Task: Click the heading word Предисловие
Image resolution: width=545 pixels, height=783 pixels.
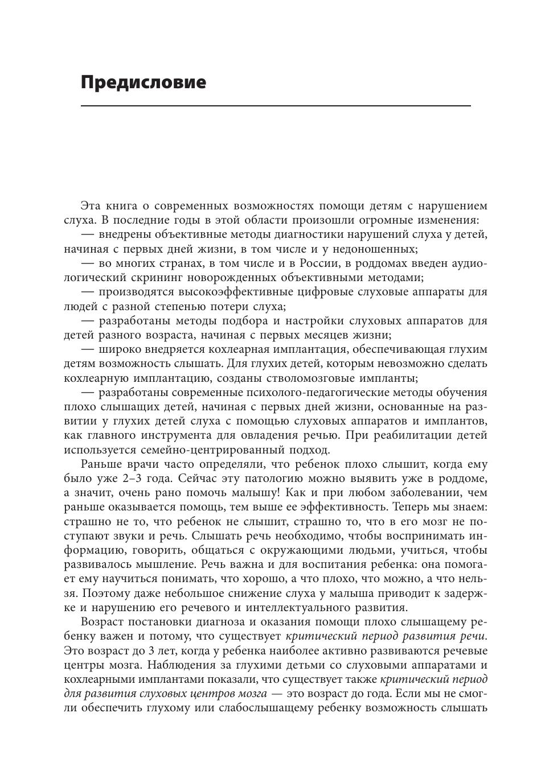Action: point(143,83)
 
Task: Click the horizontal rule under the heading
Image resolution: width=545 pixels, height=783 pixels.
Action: point(276,106)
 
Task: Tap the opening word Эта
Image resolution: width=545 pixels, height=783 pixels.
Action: point(92,206)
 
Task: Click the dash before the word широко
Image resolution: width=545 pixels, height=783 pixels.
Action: point(87,349)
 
